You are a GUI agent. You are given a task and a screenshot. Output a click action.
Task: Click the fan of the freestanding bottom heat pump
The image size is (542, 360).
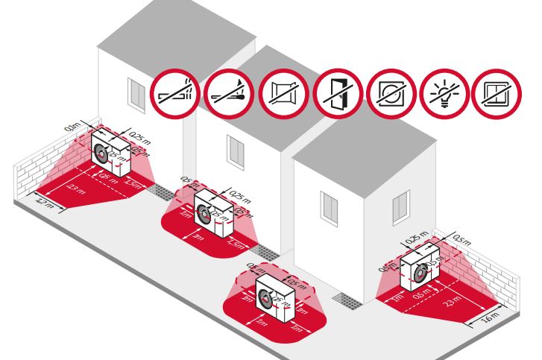pyautogui.click(x=265, y=303)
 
